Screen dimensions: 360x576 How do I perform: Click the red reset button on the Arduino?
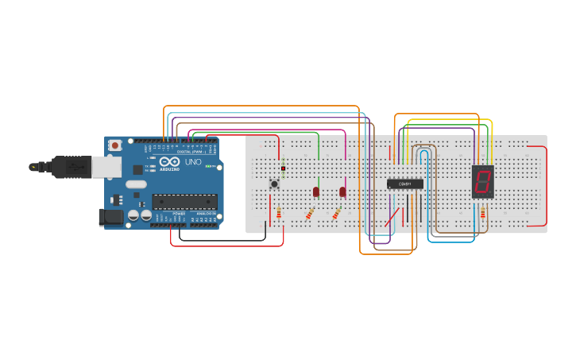116,145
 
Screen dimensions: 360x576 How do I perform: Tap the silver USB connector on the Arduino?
106,166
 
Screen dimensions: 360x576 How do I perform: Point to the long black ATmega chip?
184,201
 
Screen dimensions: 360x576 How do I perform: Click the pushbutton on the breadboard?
275,184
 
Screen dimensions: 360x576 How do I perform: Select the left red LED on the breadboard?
316,192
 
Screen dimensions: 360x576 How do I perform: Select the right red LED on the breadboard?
342,192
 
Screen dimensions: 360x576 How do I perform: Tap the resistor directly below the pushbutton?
279,213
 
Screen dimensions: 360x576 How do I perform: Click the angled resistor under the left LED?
310,214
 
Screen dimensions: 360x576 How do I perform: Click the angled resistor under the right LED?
337,213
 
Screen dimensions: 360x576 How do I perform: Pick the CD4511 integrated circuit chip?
404,184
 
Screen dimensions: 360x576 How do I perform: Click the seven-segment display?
482,182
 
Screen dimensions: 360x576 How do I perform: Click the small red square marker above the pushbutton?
283,168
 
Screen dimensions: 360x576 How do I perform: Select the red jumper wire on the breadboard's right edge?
546,187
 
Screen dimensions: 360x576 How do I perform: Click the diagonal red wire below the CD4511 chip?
392,216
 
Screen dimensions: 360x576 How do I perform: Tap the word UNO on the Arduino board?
193,162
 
